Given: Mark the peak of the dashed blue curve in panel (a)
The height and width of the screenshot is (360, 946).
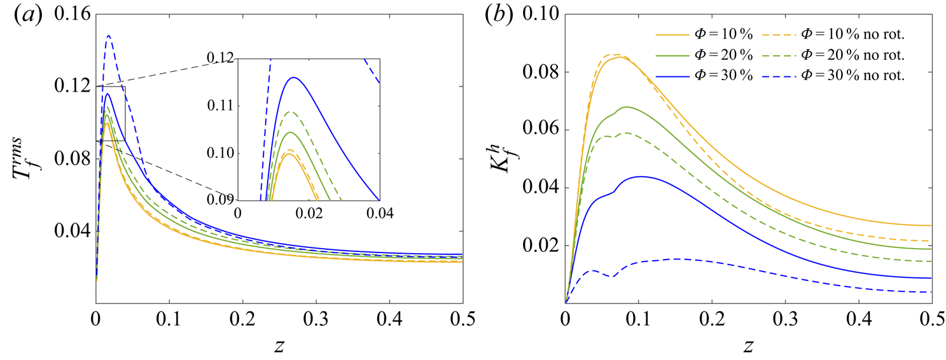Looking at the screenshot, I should pos(109,36).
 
